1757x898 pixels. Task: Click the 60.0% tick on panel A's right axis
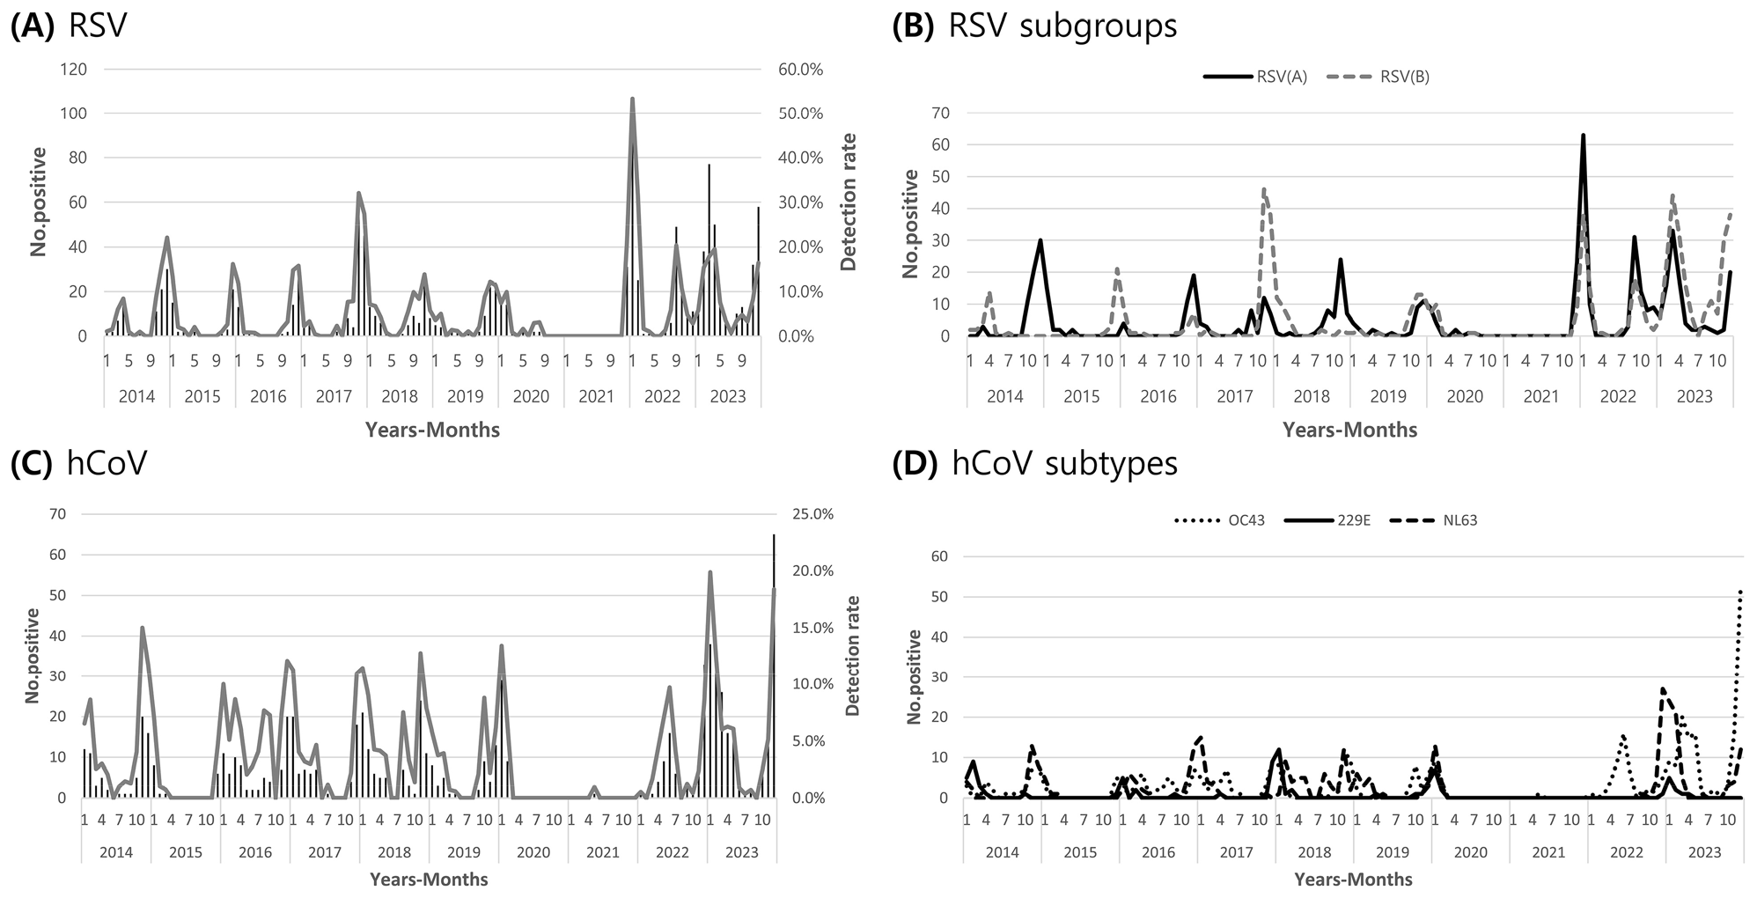[x=798, y=69]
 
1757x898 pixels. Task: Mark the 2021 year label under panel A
[x=597, y=396]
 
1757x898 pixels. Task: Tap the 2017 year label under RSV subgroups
[x=1234, y=396]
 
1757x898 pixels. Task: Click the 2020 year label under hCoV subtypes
[x=1470, y=852]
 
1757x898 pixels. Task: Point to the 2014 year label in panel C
[x=116, y=852]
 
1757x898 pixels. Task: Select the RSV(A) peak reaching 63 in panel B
[x=1583, y=136]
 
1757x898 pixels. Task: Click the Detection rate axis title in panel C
[x=851, y=655]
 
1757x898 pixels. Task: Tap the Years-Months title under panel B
[x=1349, y=430]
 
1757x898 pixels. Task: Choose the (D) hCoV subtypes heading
[x=1034, y=463]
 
